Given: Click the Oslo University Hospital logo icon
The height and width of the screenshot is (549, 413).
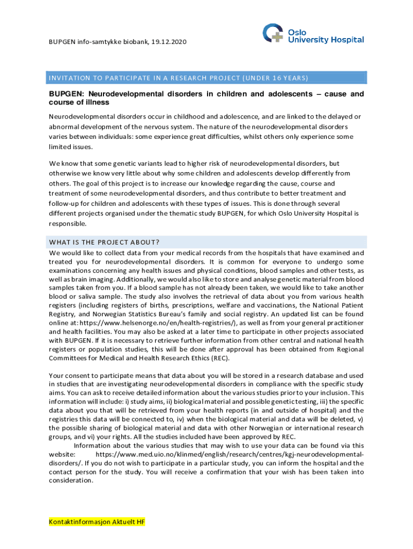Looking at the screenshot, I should (x=274, y=33).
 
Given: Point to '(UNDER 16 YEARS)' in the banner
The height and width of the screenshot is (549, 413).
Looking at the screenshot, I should (x=279, y=78).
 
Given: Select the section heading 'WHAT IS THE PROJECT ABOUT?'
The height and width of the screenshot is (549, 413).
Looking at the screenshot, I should (x=105, y=241).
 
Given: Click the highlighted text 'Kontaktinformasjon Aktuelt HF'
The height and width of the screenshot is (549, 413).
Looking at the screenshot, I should (x=97, y=522).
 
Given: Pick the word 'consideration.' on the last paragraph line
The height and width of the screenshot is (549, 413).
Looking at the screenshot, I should (x=71, y=481).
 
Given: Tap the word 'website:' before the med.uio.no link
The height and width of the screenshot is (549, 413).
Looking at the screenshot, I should (x=62, y=454).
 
